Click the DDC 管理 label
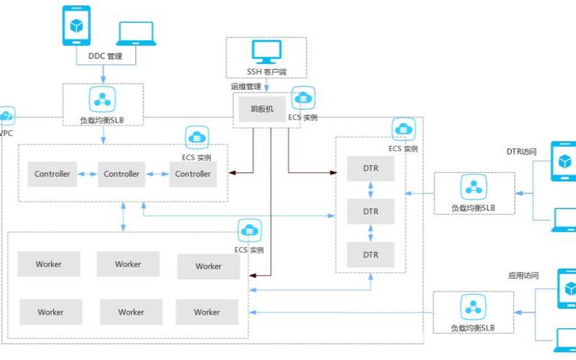(x=105, y=56)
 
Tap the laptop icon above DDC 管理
(x=136, y=34)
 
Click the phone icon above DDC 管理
(x=76, y=27)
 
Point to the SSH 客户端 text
(x=266, y=72)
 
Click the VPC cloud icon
(x=6, y=116)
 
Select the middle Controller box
(x=122, y=174)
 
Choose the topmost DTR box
(x=371, y=170)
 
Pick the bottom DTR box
(x=371, y=255)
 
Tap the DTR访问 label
(x=521, y=152)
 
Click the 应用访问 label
(x=523, y=275)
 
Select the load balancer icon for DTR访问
(x=473, y=187)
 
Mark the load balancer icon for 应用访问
(x=473, y=307)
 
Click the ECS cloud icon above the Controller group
(x=197, y=136)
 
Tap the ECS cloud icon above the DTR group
(x=403, y=129)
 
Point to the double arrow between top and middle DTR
(x=371, y=191)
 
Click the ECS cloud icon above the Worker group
(x=250, y=230)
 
